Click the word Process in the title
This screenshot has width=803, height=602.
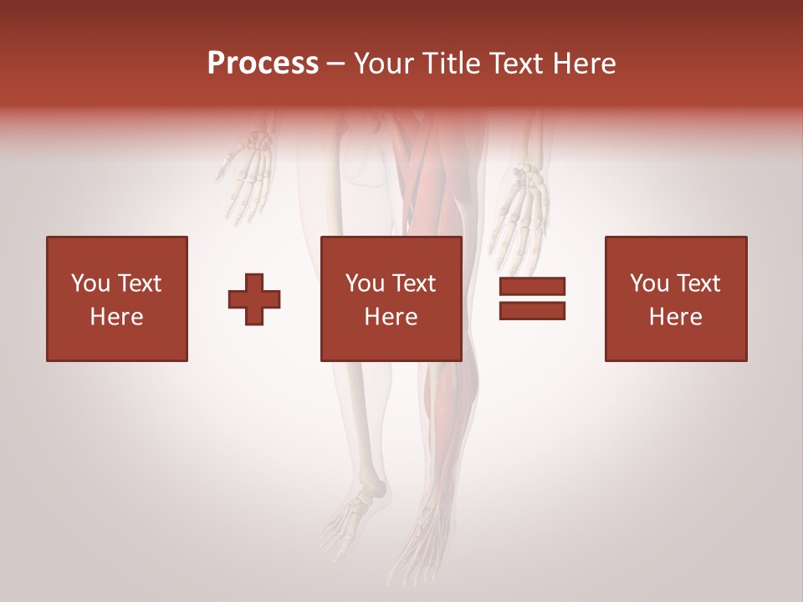tap(263, 64)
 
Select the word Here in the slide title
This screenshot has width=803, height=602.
tap(583, 64)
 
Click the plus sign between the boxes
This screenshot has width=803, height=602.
tap(254, 299)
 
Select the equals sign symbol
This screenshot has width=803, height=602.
tap(532, 298)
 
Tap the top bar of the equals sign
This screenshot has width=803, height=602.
tap(532, 286)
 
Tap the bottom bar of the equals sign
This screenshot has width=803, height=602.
tap(532, 311)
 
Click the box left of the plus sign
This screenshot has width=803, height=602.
tap(117, 298)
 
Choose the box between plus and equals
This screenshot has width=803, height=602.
tap(391, 298)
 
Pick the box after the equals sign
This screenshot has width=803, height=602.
tap(676, 298)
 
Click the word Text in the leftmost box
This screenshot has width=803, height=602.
tap(141, 283)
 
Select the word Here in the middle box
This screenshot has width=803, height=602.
tap(391, 317)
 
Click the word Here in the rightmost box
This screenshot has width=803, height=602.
tap(676, 317)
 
